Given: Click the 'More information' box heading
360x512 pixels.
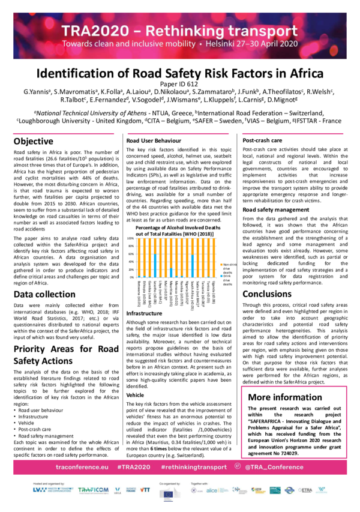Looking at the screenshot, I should click(284, 397).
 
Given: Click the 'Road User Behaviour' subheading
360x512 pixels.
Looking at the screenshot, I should click(152, 140).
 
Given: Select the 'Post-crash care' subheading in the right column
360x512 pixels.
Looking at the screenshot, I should click(264, 140).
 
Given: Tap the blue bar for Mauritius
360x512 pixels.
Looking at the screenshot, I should click(171, 273).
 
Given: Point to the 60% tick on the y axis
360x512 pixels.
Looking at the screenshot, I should click(131, 254).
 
